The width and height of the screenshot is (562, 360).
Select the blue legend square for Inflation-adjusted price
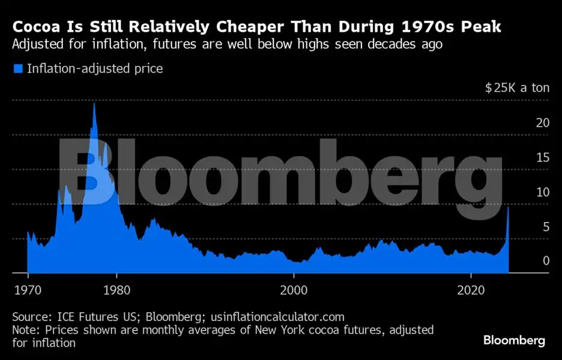coord(17,69)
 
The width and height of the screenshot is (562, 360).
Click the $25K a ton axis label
coord(517,88)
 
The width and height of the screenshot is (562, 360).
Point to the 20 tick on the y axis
coord(543,123)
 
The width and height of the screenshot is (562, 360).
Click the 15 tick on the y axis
coord(543,157)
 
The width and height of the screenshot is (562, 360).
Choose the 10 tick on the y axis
coord(543,192)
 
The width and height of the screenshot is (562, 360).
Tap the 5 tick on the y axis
coord(546,227)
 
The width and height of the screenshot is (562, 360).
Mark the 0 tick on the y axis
coord(546,261)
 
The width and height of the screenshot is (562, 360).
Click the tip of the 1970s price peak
coord(94,104)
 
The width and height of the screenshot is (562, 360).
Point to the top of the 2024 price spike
coord(509,207)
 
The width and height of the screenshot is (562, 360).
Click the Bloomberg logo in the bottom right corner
coord(515,340)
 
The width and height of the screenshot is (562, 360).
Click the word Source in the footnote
coord(30,316)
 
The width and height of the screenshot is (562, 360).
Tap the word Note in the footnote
coord(25,330)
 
